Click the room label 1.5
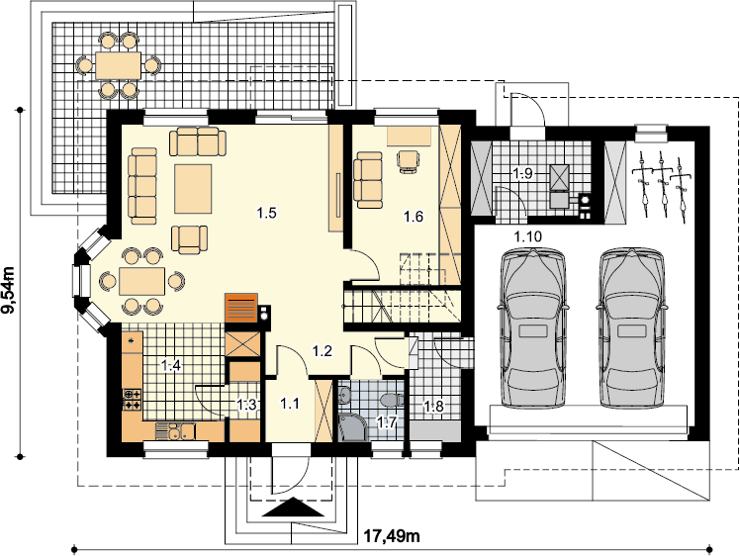(x=266, y=213)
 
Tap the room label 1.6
(x=413, y=217)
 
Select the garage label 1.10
(x=527, y=236)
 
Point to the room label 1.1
(x=289, y=404)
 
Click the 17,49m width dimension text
(x=392, y=536)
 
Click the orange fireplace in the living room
(x=241, y=308)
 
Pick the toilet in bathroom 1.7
(x=392, y=401)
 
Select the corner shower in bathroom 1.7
(x=351, y=426)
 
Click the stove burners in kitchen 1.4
(x=132, y=400)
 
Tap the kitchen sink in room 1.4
(x=175, y=431)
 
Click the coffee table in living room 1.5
(x=193, y=189)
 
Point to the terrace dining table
(x=118, y=65)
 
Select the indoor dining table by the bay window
(x=142, y=281)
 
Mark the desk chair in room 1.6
(x=409, y=161)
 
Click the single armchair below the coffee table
(x=189, y=239)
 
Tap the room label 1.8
(x=433, y=406)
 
